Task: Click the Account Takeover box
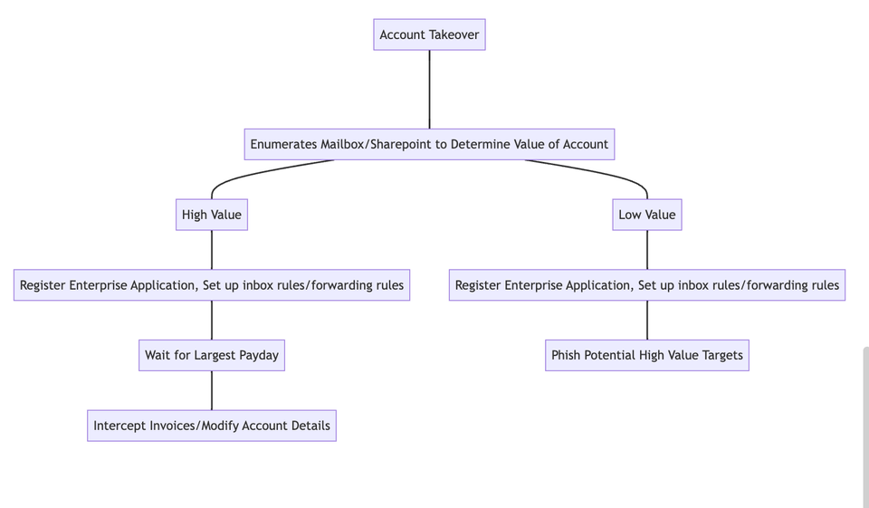click(x=429, y=34)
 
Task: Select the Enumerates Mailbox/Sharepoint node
click(x=429, y=144)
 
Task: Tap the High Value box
click(x=212, y=215)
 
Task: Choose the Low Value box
click(x=646, y=215)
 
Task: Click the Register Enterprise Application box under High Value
click(x=212, y=285)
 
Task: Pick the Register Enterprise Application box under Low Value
click(x=646, y=285)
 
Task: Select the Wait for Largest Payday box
click(x=212, y=355)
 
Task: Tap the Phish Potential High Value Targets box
click(x=646, y=355)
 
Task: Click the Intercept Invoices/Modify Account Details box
click(x=212, y=426)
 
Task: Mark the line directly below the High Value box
click(x=212, y=250)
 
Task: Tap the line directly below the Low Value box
click(x=646, y=250)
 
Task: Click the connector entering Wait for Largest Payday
click(x=212, y=320)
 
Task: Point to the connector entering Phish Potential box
click(x=646, y=320)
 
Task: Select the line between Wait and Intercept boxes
click(x=212, y=390)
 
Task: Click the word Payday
click(x=259, y=355)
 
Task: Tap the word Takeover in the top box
click(x=454, y=34)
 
